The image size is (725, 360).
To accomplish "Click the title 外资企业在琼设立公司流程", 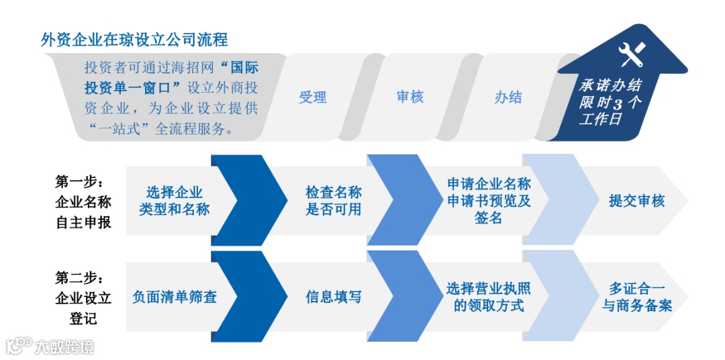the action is point(134,40).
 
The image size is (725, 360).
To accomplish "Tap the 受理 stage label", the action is point(312,97).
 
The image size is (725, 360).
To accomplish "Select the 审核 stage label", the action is point(409,97).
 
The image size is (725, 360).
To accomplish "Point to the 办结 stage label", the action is point(507,97).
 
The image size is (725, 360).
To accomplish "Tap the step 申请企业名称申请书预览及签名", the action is point(489,201).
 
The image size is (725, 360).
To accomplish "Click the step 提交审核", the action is point(636,201).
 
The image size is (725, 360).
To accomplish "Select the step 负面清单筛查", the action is point(175,296).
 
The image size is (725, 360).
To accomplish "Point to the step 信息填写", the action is point(334,296).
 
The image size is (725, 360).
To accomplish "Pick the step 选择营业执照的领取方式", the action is point(489,296).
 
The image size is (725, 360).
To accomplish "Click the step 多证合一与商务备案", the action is point(637,296).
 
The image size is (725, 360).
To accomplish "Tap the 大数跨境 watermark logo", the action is point(50,346).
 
